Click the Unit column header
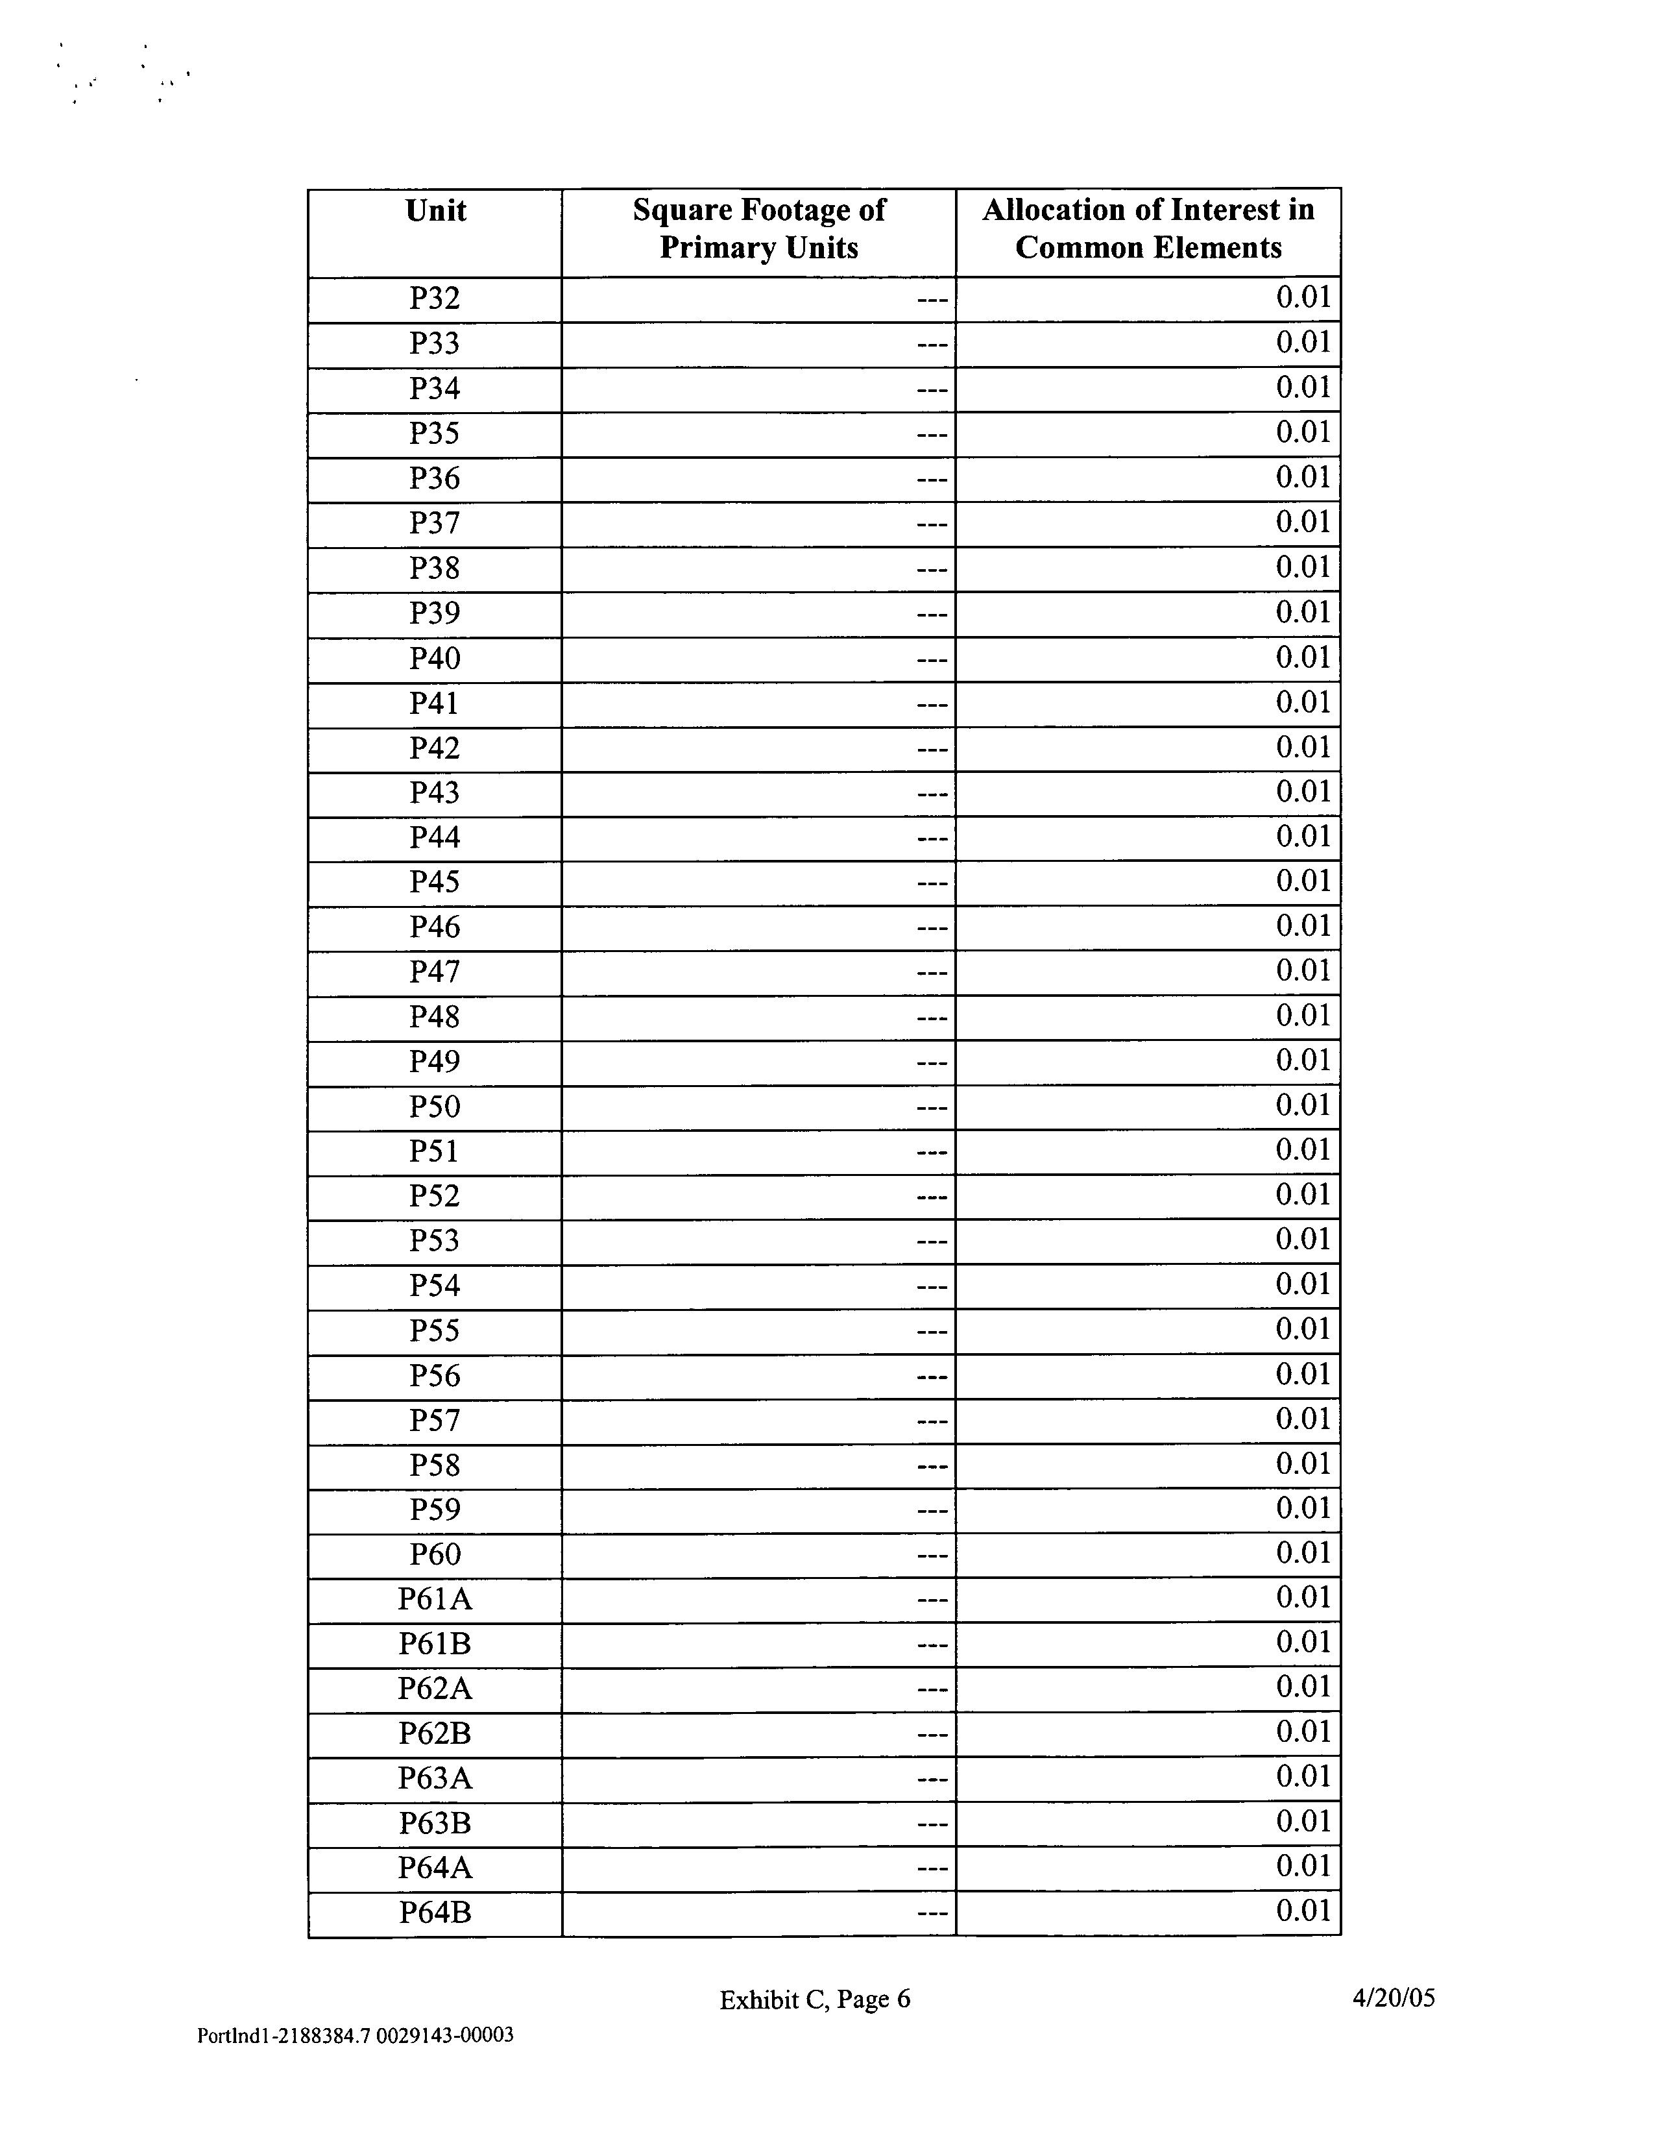tap(435, 211)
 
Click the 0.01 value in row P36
tap(1302, 478)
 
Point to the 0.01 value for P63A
tap(1302, 1776)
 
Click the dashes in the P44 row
tap(932, 839)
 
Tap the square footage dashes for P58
tap(932, 1467)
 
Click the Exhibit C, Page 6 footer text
tap(814, 1999)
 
